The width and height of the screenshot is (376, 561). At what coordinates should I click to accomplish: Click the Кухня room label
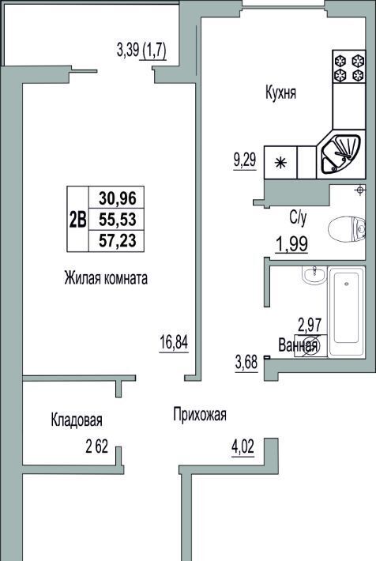pos(280,93)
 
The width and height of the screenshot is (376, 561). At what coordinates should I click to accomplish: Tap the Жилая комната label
pos(106,278)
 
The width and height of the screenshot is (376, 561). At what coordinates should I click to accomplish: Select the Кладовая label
pos(77,420)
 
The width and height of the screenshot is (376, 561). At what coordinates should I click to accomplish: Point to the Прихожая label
pos(200,415)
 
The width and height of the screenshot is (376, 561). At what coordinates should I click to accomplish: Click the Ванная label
pos(298,345)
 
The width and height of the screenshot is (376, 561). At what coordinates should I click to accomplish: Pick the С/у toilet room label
pos(298,218)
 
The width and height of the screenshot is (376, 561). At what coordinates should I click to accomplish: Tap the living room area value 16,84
pos(173,342)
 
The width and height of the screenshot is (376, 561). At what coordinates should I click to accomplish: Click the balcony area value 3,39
pos(128,50)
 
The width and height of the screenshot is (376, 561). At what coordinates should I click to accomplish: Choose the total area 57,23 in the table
pos(118,240)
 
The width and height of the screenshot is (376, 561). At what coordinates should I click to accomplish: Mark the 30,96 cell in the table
pos(118,198)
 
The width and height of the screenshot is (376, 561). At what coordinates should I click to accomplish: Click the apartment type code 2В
pos(77,220)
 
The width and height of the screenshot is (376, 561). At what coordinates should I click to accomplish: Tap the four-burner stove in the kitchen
pos(349,67)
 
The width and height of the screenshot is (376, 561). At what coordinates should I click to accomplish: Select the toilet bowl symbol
pos(346,228)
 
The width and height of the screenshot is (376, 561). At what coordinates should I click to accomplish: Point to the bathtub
pos(346,311)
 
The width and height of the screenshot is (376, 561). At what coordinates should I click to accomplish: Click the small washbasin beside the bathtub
pos(314,275)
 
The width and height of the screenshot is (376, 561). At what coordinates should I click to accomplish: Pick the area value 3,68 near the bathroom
pos(246,363)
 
